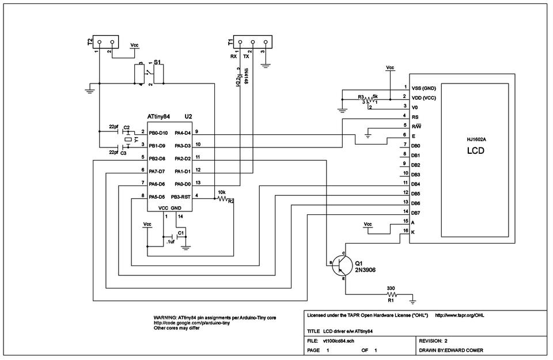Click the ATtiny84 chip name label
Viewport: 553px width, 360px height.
[x=158, y=116]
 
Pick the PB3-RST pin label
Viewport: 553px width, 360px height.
[x=183, y=196]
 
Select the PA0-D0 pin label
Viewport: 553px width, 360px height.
[x=183, y=184]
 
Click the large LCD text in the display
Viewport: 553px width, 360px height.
[x=475, y=152]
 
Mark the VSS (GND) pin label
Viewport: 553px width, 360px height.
[x=424, y=88]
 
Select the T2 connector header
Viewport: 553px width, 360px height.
[x=106, y=41]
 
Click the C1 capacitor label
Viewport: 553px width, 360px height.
[x=181, y=232]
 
